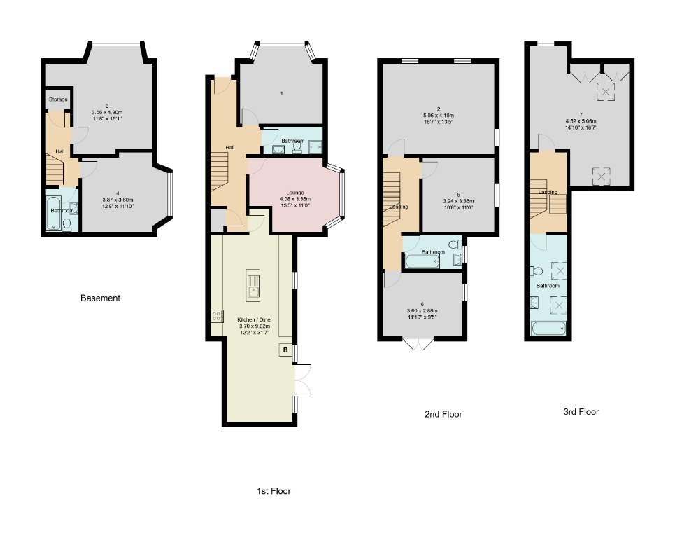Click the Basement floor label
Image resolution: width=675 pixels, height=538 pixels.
[100, 298]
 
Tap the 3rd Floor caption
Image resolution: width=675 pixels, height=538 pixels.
[581, 412]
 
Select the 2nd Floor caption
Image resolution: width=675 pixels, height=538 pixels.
[443, 414]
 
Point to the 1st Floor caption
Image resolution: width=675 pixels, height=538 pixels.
[273, 491]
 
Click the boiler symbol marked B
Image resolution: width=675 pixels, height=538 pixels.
[285, 350]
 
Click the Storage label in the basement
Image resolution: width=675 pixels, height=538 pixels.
[58, 99]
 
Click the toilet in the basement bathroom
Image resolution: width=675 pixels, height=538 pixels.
[67, 224]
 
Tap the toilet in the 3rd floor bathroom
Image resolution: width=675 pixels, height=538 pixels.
[537, 270]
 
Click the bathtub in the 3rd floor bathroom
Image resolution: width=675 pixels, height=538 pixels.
[550, 327]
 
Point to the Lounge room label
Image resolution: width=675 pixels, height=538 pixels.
[294, 192]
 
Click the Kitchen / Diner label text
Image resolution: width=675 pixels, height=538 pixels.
[255, 319]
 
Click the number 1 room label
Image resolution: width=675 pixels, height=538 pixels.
[281, 93]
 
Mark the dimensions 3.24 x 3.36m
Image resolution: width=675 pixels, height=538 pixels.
[458, 201]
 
